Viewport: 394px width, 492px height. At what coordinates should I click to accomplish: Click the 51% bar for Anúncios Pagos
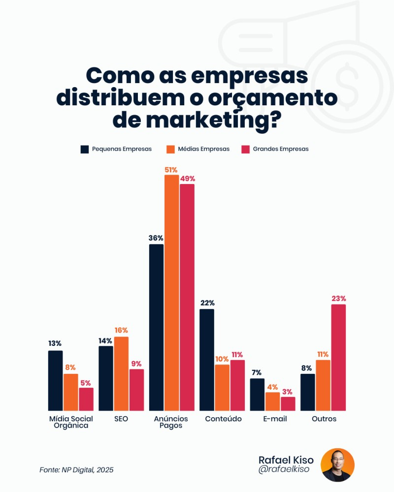[x=171, y=292]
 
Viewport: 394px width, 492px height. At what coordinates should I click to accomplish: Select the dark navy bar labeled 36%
[x=156, y=327]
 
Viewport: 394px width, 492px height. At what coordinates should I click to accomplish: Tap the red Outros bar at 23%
[x=338, y=357]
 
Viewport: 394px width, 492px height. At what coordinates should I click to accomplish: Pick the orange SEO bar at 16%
[x=121, y=373]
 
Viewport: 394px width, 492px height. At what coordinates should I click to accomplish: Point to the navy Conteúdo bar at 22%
[x=207, y=360]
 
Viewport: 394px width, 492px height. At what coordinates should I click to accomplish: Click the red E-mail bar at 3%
[x=288, y=403]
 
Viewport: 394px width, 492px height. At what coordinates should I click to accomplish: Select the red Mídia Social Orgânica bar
[x=86, y=399]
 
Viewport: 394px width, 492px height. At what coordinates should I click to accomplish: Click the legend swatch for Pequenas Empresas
[x=84, y=149]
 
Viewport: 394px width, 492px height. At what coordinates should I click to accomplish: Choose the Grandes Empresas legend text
[x=281, y=149]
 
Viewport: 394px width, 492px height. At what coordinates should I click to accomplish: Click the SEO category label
[x=121, y=419]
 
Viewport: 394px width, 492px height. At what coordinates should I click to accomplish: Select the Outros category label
[x=324, y=419]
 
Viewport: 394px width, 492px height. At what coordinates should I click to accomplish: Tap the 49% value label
[x=187, y=179]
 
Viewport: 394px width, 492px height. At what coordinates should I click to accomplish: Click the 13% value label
[x=55, y=343]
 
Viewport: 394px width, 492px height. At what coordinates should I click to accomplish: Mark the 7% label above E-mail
[x=256, y=372]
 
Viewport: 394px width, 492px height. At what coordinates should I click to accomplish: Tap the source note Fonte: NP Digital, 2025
[x=76, y=470]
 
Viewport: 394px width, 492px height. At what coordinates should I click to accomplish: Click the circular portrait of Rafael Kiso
[x=337, y=465]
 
